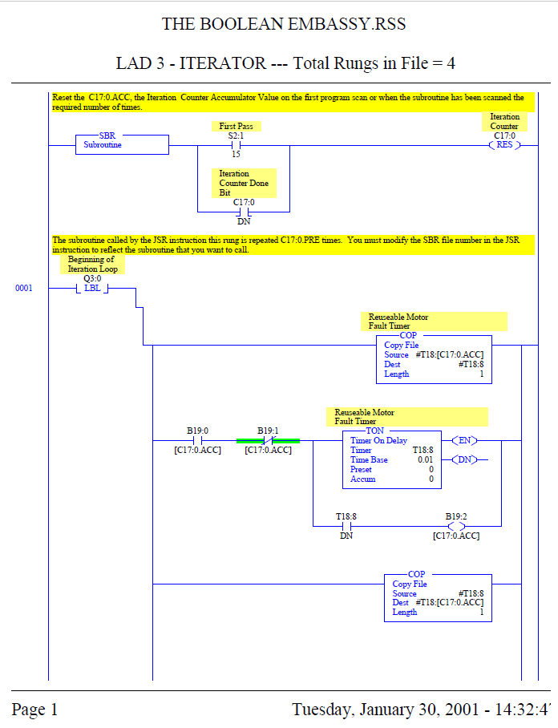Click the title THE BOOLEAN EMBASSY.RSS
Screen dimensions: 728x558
coord(283,24)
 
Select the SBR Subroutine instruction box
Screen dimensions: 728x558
coord(122,144)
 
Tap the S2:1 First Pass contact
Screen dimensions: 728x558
coord(236,145)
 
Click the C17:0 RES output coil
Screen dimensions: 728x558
coord(504,145)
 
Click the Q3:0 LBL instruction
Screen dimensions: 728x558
coord(92,289)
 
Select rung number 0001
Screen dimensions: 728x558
coord(24,289)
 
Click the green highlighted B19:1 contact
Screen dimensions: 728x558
coord(268,440)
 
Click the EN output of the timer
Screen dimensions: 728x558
coord(464,440)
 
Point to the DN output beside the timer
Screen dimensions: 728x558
coord(464,459)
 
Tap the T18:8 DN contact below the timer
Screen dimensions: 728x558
coord(346,526)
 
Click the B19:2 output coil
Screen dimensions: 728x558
coord(455,526)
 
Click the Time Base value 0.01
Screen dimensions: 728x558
coord(425,460)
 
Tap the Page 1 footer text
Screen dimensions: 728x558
coord(34,710)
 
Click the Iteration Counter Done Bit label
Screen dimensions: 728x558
coord(245,183)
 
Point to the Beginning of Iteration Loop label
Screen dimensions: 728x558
coord(92,265)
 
